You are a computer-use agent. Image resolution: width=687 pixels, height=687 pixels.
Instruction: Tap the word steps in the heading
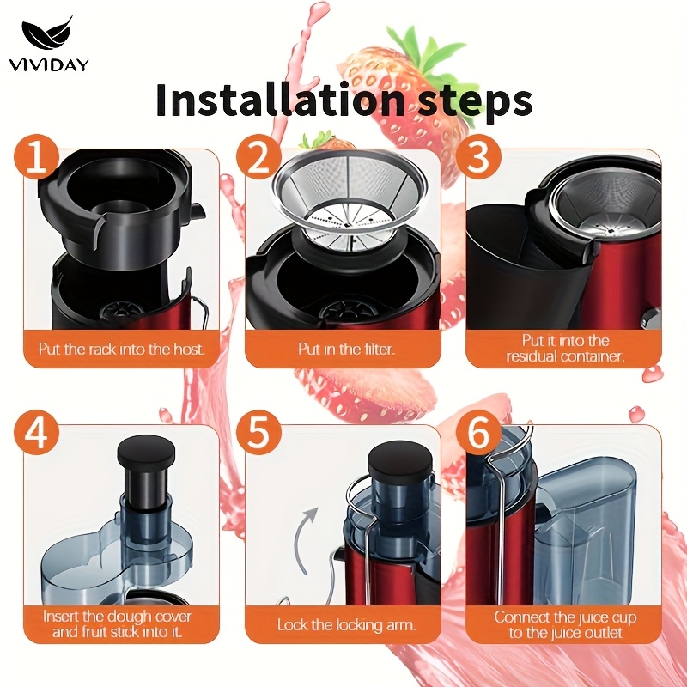pos(471,102)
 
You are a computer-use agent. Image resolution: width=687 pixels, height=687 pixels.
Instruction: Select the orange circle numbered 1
pos(36,157)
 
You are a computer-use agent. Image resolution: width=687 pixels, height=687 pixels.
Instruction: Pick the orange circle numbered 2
pos(258,157)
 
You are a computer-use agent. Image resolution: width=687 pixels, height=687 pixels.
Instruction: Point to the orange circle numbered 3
pos(478,157)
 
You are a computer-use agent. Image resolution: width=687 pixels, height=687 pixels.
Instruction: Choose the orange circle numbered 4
pos(36,433)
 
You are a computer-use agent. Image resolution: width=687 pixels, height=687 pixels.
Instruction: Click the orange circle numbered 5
pos(258,433)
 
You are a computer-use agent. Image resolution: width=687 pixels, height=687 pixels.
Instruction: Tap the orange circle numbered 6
pos(478,433)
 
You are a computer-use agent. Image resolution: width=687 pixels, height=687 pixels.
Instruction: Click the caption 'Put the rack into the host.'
pos(121,350)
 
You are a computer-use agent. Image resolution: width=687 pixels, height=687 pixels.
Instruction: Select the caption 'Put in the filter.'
pos(347,350)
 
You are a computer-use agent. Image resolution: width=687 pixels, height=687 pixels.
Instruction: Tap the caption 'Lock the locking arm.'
pos(346,624)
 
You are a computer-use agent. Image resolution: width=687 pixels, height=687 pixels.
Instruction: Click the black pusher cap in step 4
pos(146,455)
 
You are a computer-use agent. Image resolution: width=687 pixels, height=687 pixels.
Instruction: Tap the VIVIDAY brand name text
pos(49,65)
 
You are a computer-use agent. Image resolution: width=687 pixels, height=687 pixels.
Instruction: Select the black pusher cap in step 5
pos(400,465)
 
